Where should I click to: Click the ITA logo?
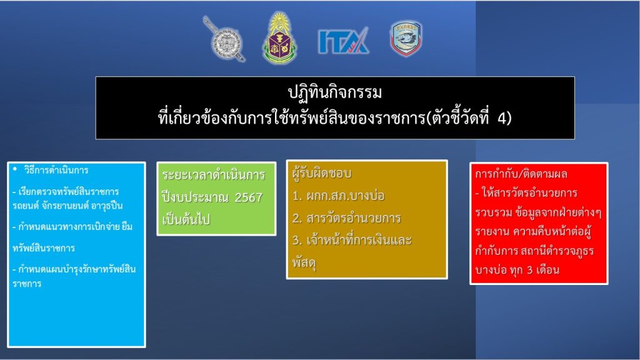[343, 41]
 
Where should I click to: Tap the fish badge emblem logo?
[406, 38]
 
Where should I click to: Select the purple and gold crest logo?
[279, 38]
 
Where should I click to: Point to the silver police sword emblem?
[224, 39]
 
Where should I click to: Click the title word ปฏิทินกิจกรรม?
[335, 92]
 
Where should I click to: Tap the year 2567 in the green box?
[248, 197]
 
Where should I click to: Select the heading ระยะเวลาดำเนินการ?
[214, 176]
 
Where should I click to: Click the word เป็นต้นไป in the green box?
[186, 219]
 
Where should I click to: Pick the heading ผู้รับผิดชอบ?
[322, 174]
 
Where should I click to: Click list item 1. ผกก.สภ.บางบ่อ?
[338, 196]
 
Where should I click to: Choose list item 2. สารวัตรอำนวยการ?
[346, 218]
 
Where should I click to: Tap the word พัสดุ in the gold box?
[304, 262]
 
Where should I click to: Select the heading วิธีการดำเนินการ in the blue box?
[56, 170]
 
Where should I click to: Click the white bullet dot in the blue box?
[15, 169]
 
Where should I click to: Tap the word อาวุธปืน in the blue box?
[107, 206]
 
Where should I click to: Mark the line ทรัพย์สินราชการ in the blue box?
[43, 248]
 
